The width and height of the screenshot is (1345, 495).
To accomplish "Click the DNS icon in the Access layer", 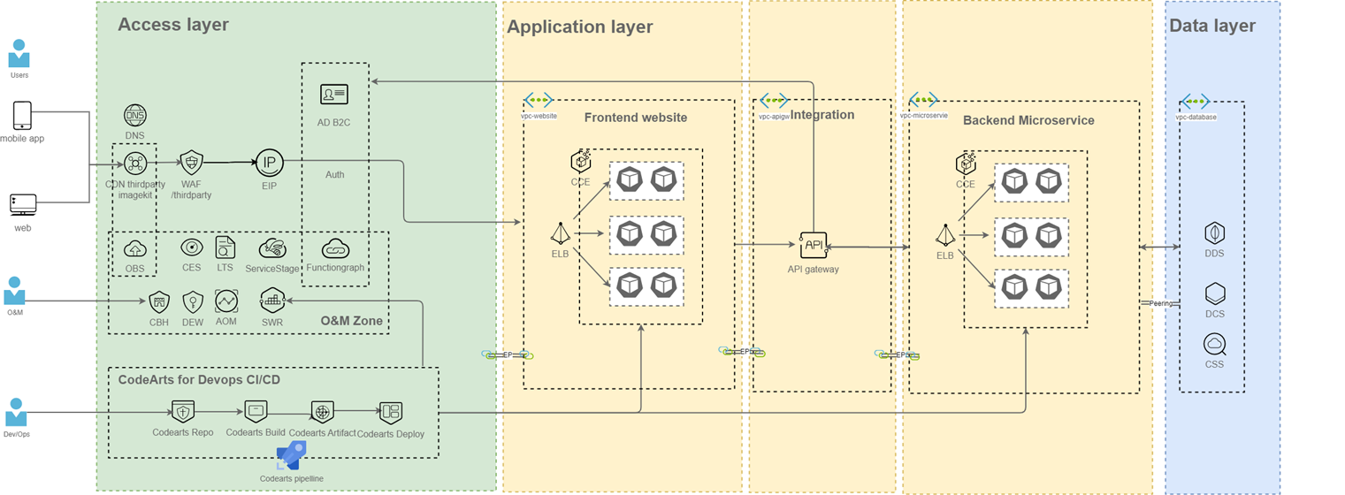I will [x=135, y=115].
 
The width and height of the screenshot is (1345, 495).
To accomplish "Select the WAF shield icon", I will [x=191, y=162].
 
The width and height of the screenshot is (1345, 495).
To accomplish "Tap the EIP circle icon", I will [x=269, y=162].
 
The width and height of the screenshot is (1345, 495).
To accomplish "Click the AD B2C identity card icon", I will [x=333, y=94].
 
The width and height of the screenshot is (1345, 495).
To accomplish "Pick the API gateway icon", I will [x=813, y=245].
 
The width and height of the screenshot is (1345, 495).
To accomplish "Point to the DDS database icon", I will [x=1214, y=233].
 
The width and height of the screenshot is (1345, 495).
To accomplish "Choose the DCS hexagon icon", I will [x=1214, y=293].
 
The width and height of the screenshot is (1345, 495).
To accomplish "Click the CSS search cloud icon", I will [x=1214, y=344].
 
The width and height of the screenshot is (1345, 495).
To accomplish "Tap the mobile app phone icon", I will [x=22, y=116].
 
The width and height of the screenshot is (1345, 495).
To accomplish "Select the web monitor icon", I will [x=22, y=205].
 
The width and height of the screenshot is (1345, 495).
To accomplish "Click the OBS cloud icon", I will [x=135, y=248].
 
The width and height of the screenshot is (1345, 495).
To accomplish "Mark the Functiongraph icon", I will [x=335, y=248].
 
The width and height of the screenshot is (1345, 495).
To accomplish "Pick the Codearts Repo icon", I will [x=182, y=412].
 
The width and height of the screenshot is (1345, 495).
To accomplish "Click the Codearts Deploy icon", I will [x=390, y=412].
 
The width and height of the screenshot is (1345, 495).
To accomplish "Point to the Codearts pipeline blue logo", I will [x=291, y=455].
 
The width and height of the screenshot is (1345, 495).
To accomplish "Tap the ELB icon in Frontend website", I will [x=560, y=233].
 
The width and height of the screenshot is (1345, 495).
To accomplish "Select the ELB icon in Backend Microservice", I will [x=945, y=235].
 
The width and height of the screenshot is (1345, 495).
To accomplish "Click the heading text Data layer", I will [x=1211, y=26].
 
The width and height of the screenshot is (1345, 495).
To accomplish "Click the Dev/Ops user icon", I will [x=16, y=413].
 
